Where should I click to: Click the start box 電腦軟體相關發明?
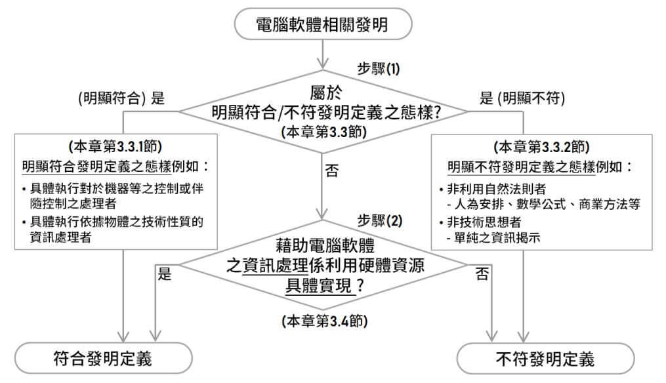click(323, 24)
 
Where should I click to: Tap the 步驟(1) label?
click(379, 68)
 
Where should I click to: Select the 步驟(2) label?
click(379, 220)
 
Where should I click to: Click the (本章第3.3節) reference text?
click(323, 132)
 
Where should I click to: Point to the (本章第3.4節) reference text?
click(325, 321)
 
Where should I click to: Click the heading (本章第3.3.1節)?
click(115, 146)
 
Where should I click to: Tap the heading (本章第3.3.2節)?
click(541, 147)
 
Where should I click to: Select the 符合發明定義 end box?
click(103, 358)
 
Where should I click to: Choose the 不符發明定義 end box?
click(545, 359)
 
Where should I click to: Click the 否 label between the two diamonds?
click(332, 171)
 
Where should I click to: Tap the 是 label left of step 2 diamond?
click(165, 273)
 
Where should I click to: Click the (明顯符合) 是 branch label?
click(121, 98)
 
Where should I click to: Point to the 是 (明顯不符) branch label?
click(522, 98)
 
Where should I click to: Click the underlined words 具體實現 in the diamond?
click(319, 285)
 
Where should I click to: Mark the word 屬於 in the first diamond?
click(326, 92)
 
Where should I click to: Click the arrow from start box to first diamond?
click(323, 54)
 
